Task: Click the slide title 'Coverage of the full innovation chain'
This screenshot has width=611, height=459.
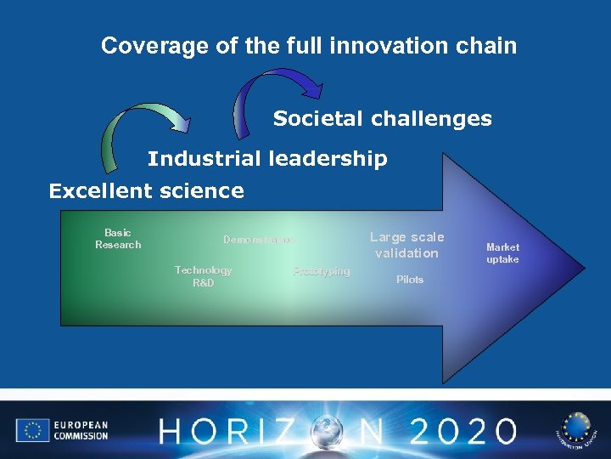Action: (309, 45)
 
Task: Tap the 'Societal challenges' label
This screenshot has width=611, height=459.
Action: (382, 119)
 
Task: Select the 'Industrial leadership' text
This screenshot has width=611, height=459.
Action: (267, 159)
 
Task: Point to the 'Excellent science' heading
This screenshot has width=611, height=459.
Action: (146, 191)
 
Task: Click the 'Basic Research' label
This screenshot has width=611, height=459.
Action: (118, 239)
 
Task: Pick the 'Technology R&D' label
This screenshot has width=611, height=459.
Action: (203, 276)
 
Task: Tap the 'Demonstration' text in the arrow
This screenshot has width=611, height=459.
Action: (259, 240)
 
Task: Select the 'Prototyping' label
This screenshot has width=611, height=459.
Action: (321, 271)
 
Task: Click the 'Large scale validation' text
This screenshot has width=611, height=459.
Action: (406, 245)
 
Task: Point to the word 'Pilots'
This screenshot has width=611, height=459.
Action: (410, 280)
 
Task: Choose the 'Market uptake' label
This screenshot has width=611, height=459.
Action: (502, 253)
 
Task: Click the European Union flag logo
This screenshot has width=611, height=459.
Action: (32, 431)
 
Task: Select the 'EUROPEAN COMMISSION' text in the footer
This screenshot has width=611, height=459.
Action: (81, 431)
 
